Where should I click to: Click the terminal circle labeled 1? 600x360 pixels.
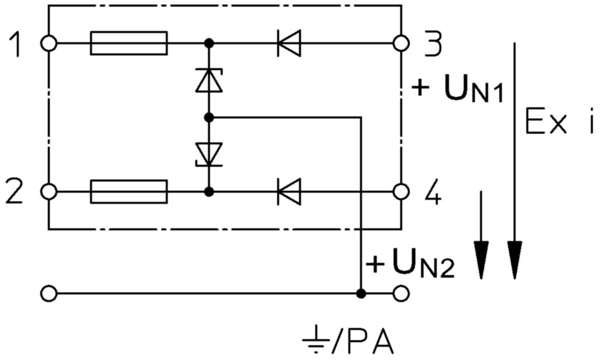pos(49,43)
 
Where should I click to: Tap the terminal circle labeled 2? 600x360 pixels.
pos(49,191)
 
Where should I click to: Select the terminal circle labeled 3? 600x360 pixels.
pos(401,43)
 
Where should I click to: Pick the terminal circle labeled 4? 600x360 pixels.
pos(401,191)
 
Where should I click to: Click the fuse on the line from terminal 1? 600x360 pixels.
pos(129,43)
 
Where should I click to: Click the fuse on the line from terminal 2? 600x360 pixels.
pos(129,191)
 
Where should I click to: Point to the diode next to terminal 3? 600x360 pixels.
pos(289,43)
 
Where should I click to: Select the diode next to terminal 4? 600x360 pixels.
pos(289,191)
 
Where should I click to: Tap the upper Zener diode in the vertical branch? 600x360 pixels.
pos(209,80)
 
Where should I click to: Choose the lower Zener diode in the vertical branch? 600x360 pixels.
pos(209,154)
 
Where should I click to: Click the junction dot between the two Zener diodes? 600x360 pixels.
pos(209,118)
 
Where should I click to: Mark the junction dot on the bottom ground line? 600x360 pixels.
pos(361,294)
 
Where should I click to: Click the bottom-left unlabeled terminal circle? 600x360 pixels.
pos(49,294)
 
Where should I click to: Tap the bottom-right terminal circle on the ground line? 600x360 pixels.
pos(401,294)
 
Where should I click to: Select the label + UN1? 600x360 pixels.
pos(458,89)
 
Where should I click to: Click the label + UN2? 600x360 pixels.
pos(410,264)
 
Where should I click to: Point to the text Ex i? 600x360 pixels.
pos(559,121)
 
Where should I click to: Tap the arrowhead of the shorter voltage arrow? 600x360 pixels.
pos(481,260)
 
